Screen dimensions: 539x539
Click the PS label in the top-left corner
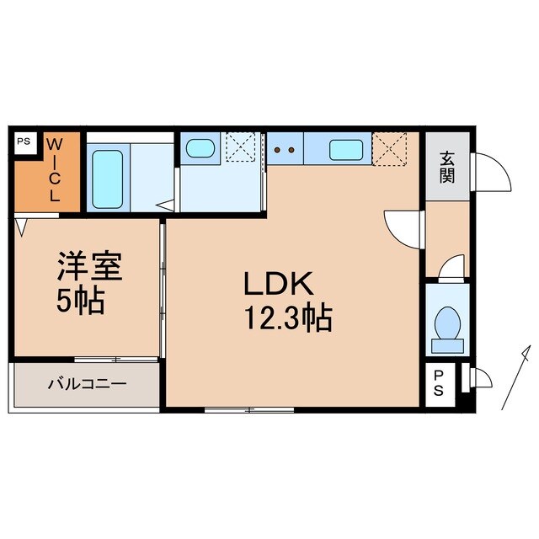[x=23, y=141]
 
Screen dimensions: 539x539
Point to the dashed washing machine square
[x=242, y=147]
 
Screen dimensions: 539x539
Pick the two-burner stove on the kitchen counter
[x=285, y=150]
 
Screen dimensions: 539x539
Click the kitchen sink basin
[x=346, y=150]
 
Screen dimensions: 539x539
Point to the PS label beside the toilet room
[x=440, y=384]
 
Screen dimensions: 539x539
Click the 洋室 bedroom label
[x=89, y=268]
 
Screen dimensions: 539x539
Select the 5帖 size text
[x=82, y=300]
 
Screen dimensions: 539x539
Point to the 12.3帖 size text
[x=287, y=318]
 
